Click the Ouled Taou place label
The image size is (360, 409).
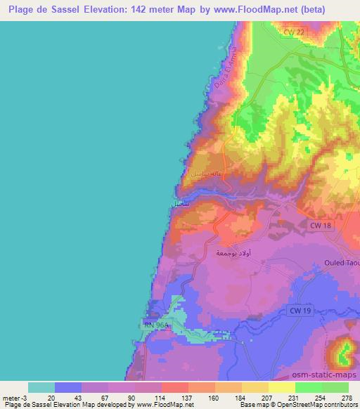(x=341, y=263)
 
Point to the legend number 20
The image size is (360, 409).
(x=51, y=398)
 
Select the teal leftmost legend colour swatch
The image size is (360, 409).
(x=41, y=387)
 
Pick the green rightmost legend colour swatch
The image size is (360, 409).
(x=335, y=387)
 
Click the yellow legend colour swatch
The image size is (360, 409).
(x=282, y=387)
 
